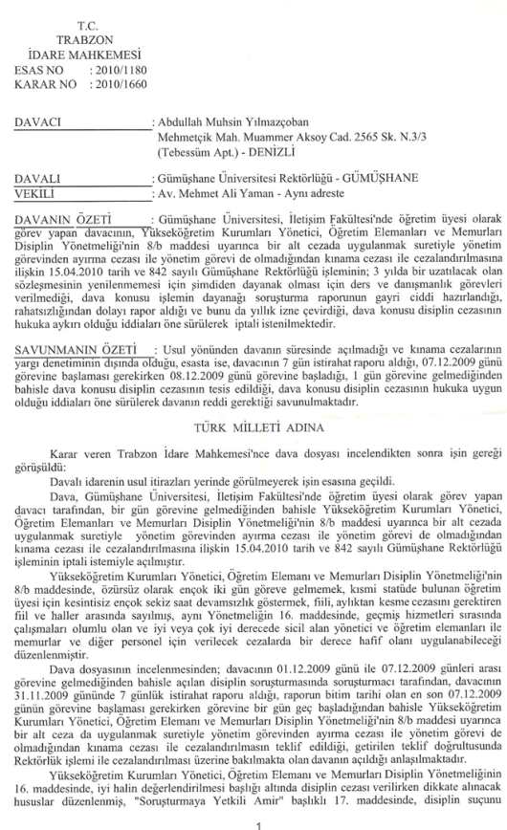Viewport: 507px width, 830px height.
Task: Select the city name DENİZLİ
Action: pyautogui.click(x=253, y=154)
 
